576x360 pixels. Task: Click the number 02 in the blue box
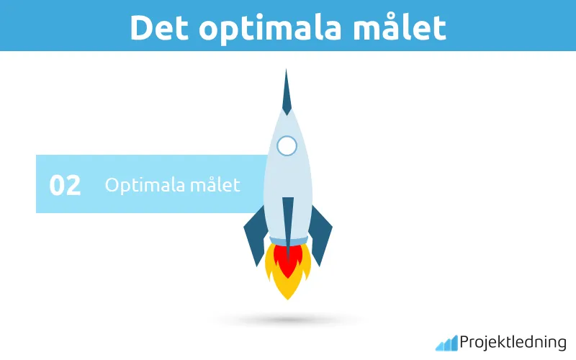coord(65,185)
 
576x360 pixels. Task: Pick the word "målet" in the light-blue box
coord(214,185)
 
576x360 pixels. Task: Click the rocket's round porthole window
coord(287,146)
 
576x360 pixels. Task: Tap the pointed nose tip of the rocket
coord(287,76)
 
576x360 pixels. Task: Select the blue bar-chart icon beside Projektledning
coord(446,343)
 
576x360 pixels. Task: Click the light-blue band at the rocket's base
coord(288,240)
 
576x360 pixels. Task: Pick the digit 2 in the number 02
coord(73,185)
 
